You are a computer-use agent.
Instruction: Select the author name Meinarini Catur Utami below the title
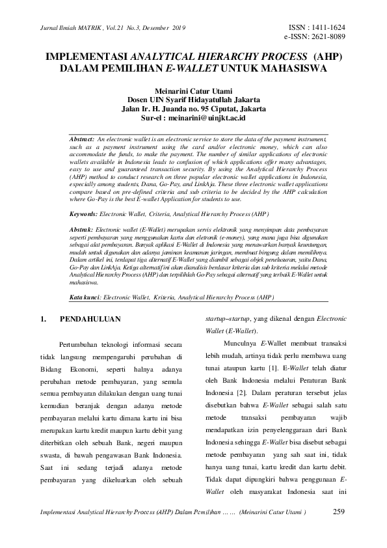point(193,90)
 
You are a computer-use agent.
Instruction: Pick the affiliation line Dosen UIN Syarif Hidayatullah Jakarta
point(193,100)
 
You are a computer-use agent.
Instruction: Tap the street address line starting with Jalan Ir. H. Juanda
point(193,109)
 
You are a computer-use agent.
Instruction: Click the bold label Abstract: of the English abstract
point(82,140)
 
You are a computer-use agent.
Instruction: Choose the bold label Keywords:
point(84,213)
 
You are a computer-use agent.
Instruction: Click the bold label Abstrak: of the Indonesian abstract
point(81,230)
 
